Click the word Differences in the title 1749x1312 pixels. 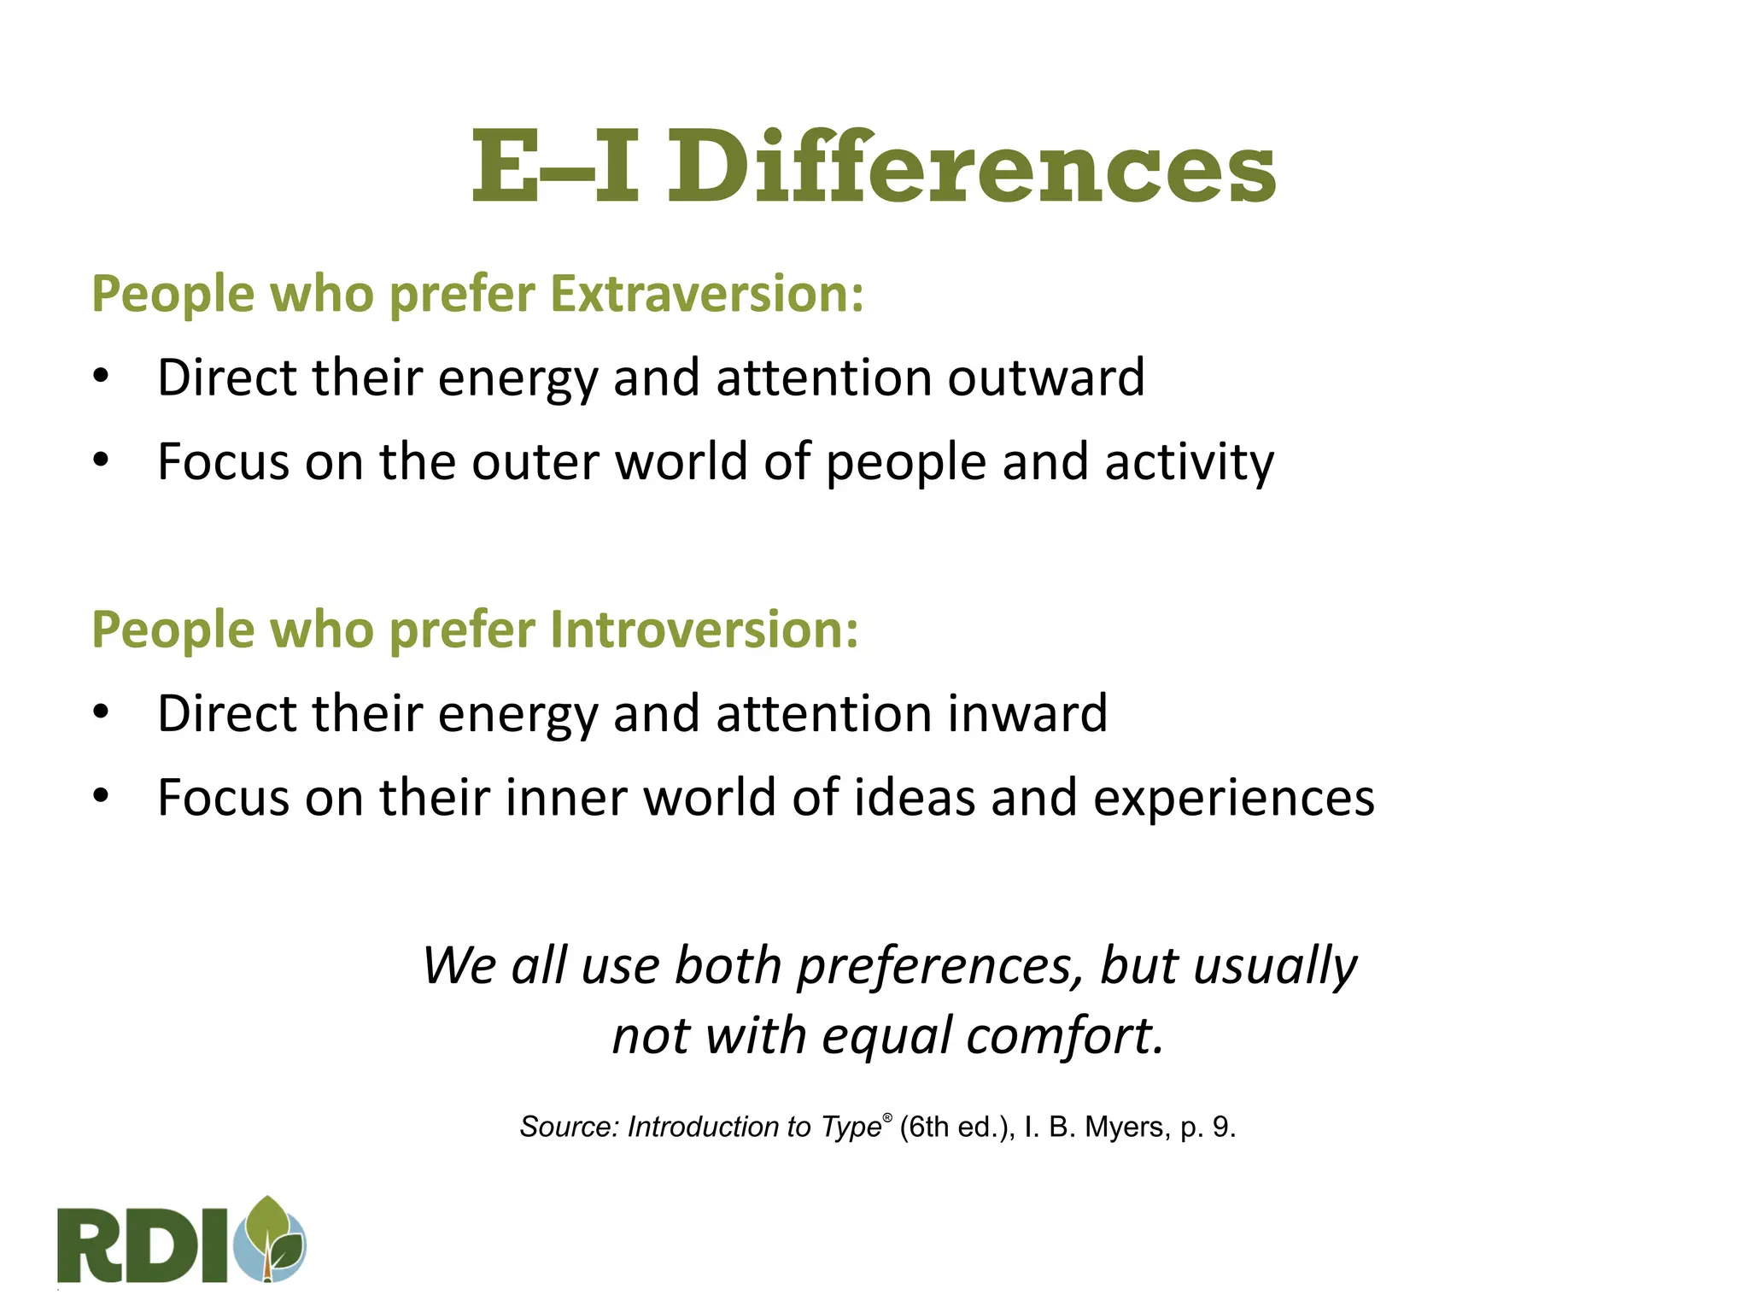click(x=971, y=167)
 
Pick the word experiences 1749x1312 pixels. click(x=1234, y=797)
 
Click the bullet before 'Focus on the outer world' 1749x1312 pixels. click(x=102, y=461)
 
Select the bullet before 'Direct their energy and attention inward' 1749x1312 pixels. click(x=102, y=712)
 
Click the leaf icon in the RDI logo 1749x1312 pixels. click(x=274, y=1239)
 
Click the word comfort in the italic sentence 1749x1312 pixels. click(x=1065, y=1035)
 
